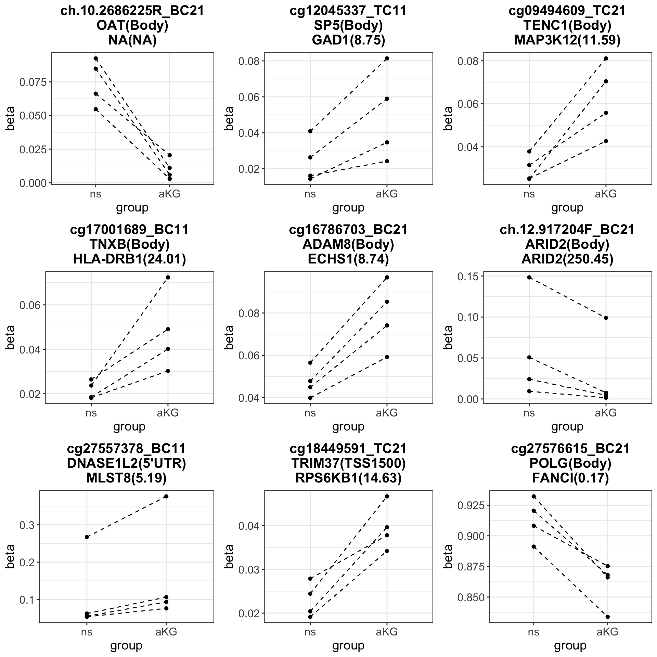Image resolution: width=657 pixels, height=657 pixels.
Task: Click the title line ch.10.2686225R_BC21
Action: click(x=132, y=11)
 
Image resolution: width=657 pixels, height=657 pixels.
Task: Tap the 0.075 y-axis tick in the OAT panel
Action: click(x=34, y=82)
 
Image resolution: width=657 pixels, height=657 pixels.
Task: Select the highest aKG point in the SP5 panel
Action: click(x=387, y=59)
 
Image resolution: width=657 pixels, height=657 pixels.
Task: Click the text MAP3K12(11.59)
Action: click(x=567, y=40)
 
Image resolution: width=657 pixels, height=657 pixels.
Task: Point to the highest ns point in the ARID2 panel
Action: click(x=529, y=277)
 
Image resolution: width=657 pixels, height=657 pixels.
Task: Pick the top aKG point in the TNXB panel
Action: click(x=168, y=277)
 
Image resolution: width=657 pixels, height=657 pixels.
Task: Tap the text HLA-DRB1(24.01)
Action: click(x=129, y=259)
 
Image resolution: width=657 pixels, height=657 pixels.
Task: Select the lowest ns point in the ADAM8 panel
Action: click(x=310, y=398)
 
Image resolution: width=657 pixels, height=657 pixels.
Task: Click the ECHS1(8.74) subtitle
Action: click(x=348, y=259)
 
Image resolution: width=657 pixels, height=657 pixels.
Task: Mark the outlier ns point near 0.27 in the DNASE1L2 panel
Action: click(x=87, y=537)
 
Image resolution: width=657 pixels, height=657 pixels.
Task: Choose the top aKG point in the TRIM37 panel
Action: click(x=387, y=496)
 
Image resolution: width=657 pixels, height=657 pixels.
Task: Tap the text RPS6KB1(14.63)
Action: click(x=348, y=478)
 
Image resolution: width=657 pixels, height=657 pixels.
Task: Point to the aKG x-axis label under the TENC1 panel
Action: click(x=606, y=194)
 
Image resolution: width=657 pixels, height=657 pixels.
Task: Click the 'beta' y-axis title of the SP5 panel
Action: click(x=229, y=118)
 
